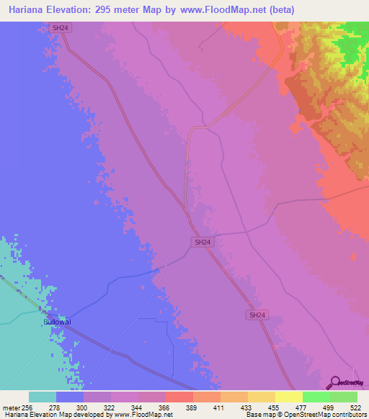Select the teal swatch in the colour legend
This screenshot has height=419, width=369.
coord(43,397)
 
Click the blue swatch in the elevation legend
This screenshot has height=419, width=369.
coord(70,397)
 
